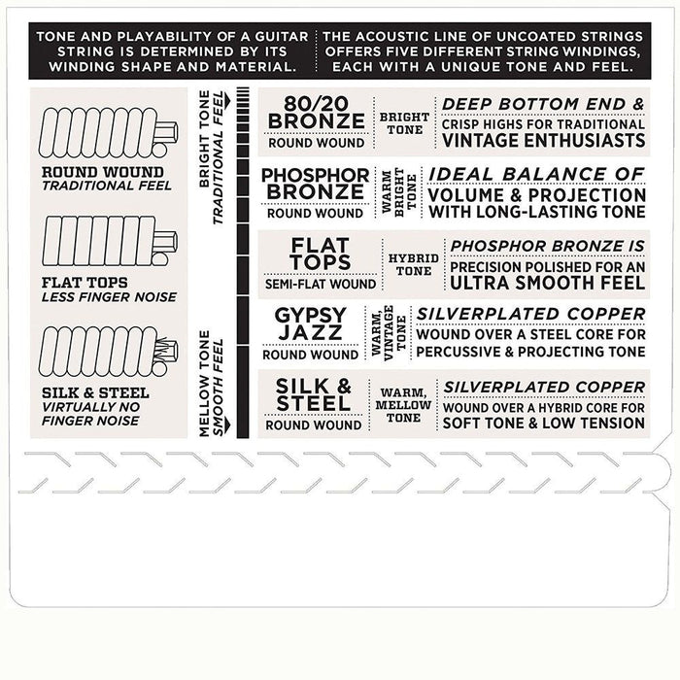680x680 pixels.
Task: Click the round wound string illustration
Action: [x=109, y=133]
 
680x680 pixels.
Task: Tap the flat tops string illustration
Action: [x=110, y=241]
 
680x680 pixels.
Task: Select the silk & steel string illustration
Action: [x=109, y=352]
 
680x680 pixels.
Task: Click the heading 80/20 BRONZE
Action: [x=316, y=113]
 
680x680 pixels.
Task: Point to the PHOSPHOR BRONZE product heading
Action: [x=316, y=184]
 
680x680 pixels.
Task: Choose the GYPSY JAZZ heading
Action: [x=311, y=323]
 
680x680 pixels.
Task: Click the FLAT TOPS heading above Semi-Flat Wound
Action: [x=321, y=254]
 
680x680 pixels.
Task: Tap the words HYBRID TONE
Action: [x=413, y=264]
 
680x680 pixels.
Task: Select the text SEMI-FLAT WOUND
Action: [x=321, y=284]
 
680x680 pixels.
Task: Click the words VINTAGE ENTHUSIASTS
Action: [x=543, y=141]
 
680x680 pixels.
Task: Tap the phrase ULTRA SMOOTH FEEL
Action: [x=548, y=284]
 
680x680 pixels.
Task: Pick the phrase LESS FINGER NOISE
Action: [x=109, y=297]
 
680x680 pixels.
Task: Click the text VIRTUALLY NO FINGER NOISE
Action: [x=90, y=414]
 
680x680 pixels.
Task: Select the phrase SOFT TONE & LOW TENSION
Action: [x=544, y=424]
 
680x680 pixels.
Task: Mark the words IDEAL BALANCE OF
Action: [x=536, y=174]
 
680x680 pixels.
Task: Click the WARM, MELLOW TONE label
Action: [x=403, y=405]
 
